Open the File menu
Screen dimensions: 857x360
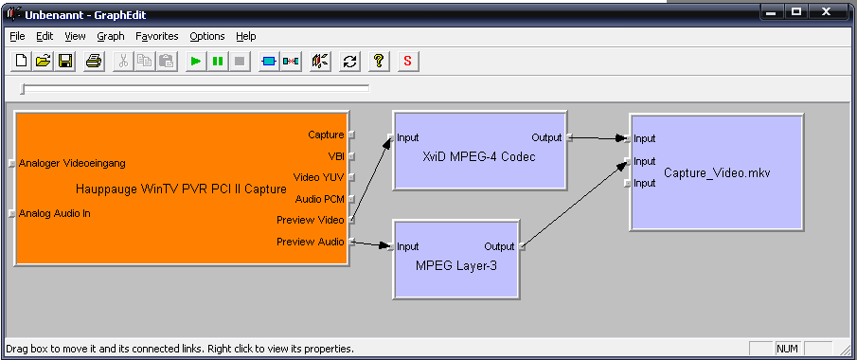tap(17, 36)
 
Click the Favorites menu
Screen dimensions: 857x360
tap(157, 36)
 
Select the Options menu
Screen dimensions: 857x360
tap(207, 36)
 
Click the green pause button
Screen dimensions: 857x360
tap(218, 61)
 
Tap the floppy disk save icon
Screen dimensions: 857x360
tap(65, 61)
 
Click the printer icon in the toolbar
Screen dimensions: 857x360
tap(94, 61)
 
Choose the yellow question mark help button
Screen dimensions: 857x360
tap(379, 61)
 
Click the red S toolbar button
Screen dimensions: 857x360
tap(408, 61)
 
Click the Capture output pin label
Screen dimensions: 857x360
tap(326, 135)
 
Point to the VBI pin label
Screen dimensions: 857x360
tap(336, 156)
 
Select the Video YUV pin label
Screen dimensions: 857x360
tap(318, 177)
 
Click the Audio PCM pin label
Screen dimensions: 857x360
tap(320, 199)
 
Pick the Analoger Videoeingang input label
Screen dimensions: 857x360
tap(72, 163)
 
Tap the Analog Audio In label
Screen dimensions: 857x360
tap(55, 213)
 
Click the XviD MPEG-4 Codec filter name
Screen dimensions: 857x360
tap(479, 157)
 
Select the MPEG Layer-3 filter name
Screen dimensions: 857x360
tap(456, 266)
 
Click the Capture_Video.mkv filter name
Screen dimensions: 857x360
tap(717, 173)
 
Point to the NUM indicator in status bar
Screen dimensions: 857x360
tap(787, 349)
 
